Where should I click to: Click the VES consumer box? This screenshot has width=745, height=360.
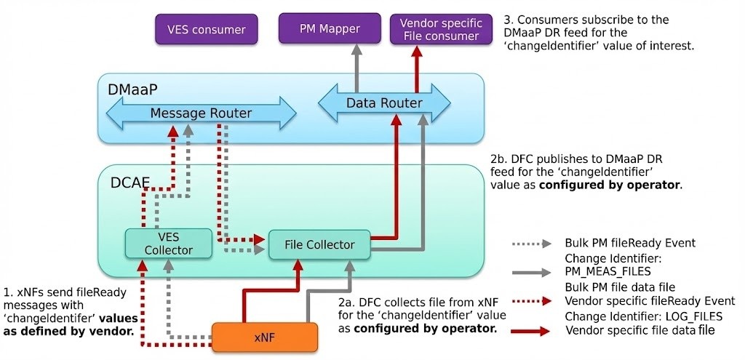pos(207,30)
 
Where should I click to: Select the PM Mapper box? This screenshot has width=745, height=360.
pos(330,30)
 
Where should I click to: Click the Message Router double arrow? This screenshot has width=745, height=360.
pos(201,113)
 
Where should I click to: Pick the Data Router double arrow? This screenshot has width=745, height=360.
pos(383,103)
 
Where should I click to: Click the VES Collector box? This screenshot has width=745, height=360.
pos(169,244)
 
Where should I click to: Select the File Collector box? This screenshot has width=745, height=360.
pos(320,244)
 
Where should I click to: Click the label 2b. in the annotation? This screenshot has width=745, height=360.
pos(500,159)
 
